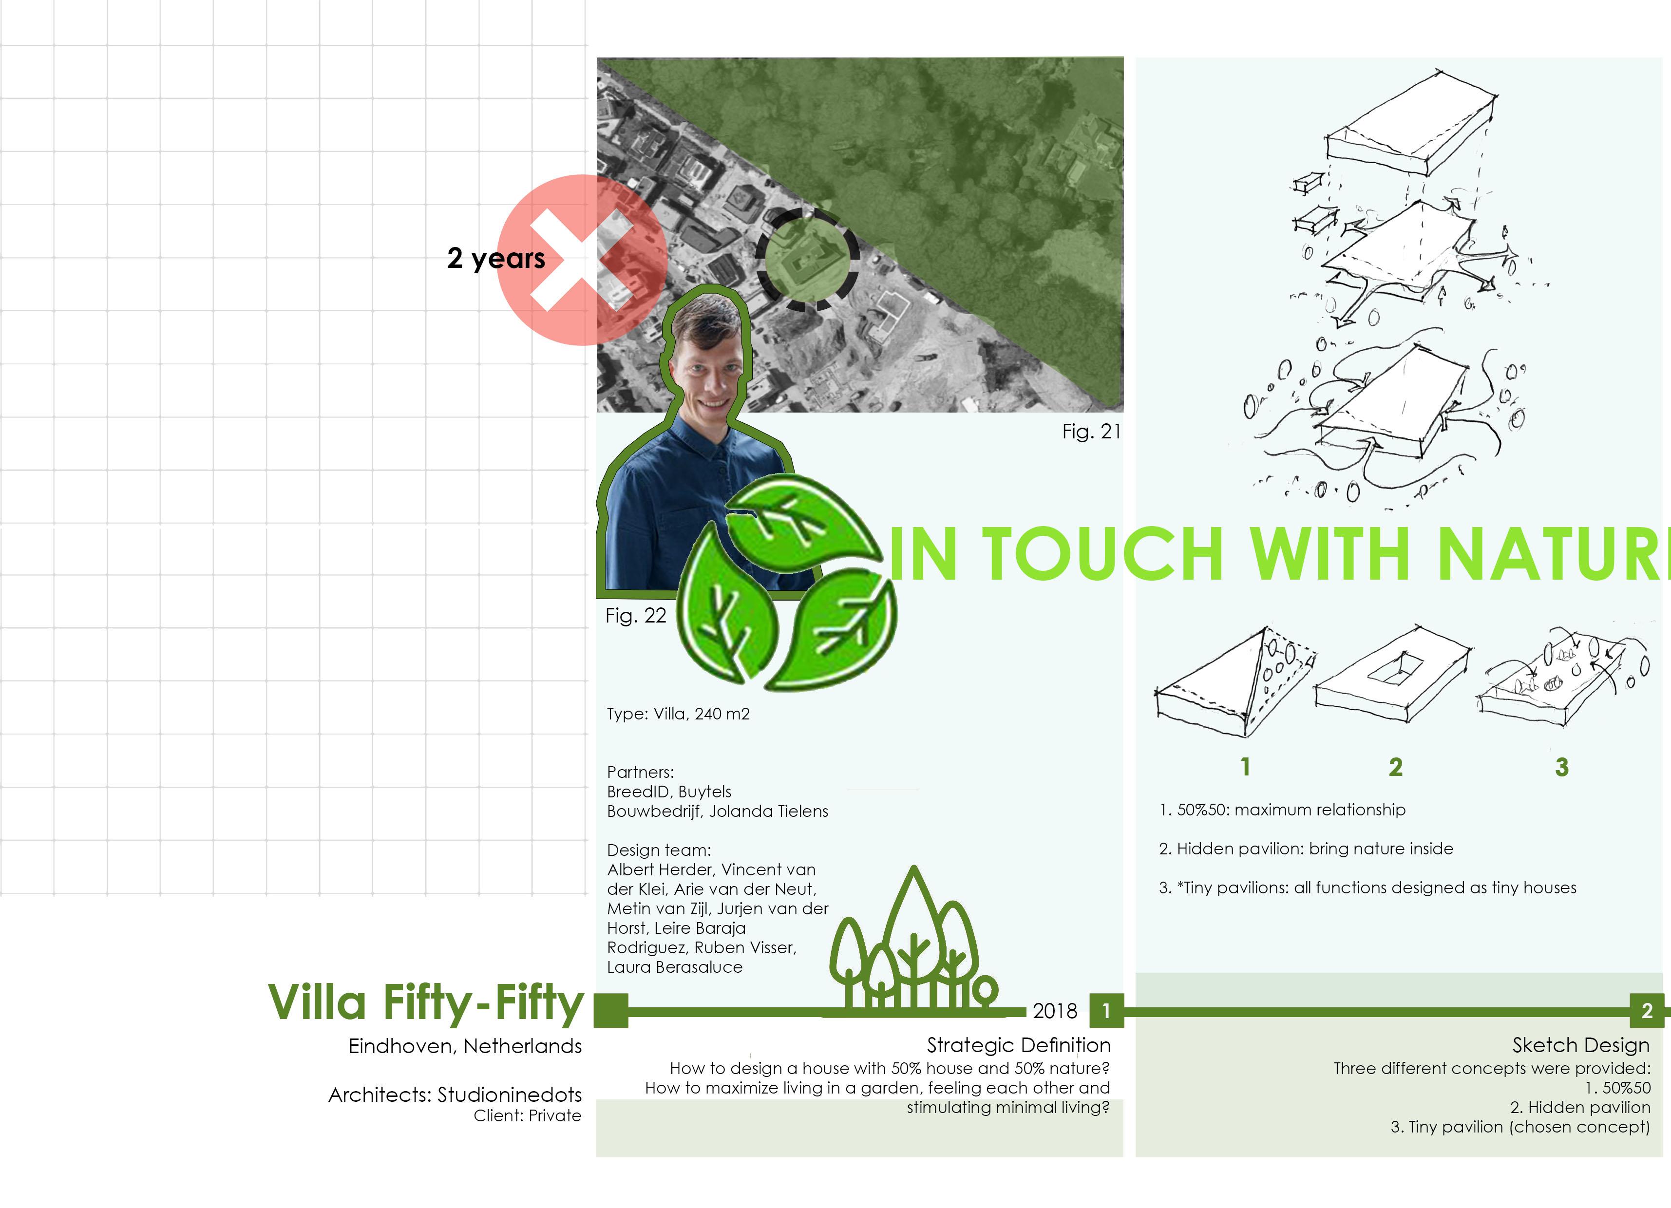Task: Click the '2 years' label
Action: pyautogui.click(x=496, y=258)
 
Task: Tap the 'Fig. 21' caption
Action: pyautogui.click(x=1090, y=432)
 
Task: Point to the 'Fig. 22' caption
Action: pyautogui.click(x=635, y=616)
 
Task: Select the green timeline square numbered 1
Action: pyautogui.click(x=1106, y=1011)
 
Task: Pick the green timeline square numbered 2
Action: pyautogui.click(x=1647, y=1011)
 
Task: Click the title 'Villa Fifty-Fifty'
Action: pyautogui.click(x=426, y=1003)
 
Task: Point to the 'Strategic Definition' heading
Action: pyautogui.click(x=1018, y=1045)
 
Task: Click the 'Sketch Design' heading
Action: pyautogui.click(x=1580, y=1045)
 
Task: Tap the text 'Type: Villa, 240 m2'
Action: pyautogui.click(x=678, y=714)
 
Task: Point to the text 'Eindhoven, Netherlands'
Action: pyautogui.click(x=465, y=1046)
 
